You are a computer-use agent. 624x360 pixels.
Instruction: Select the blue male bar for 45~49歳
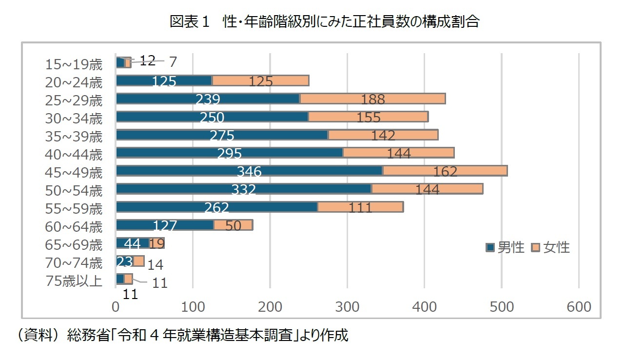[249, 171]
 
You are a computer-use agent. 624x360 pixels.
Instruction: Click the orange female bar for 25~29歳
[372, 99]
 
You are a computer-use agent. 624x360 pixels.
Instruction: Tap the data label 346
[249, 172]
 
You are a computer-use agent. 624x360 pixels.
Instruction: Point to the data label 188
[373, 100]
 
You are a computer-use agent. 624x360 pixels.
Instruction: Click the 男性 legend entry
[506, 247]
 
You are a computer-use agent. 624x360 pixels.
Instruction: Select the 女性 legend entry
[551, 247]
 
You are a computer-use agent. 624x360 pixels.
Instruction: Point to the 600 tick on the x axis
[579, 307]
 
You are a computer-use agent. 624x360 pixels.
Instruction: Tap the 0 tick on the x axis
[116, 307]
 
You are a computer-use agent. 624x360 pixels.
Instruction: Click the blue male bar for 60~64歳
[165, 225]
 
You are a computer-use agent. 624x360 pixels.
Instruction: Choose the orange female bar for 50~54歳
[427, 189]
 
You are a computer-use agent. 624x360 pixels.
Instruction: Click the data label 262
[216, 208]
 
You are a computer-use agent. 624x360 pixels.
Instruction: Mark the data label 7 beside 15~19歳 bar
[173, 62]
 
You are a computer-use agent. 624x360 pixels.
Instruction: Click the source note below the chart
[180, 336]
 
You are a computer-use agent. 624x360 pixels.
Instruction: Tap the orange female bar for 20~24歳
[260, 80]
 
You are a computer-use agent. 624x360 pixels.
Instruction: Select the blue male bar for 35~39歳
[222, 135]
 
